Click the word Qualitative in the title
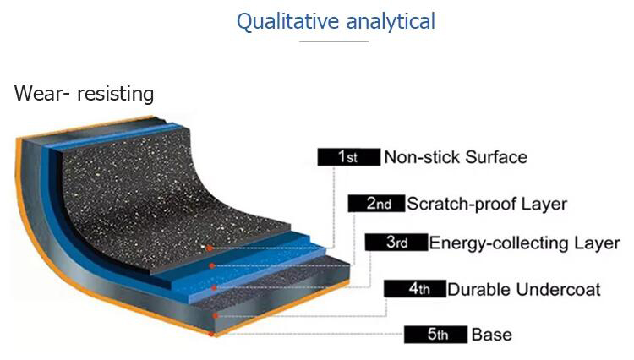pyautogui.click(x=287, y=22)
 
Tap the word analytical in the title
pyautogui.click(x=391, y=21)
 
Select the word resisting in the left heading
pyautogui.click(x=115, y=94)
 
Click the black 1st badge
pyautogui.click(x=349, y=157)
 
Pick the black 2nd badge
pyautogui.click(x=376, y=203)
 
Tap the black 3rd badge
pyautogui.click(x=396, y=242)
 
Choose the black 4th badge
pyautogui.click(x=415, y=288)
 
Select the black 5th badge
pyautogui.click(x=436, y=335)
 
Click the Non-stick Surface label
pyautogui.click(x=456, y=157)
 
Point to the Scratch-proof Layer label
pyautogui.click(x=487, y=204)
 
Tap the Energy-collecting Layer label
pyautogui.click(x=524, y=243)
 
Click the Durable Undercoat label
pyautogui.click(x=524, y=289)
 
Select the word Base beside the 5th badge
pyautogui.click(x=492, y=335)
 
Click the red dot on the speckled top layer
pyautogui.click(x=210, y=248)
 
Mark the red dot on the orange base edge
pyautogui.click(x=211, y=334)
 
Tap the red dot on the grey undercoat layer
pyautogui.click(x=216, y=315)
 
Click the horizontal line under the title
pyautogui.click(x=334, y=41)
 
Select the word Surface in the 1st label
pyautogui.click(x=496, y=157)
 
